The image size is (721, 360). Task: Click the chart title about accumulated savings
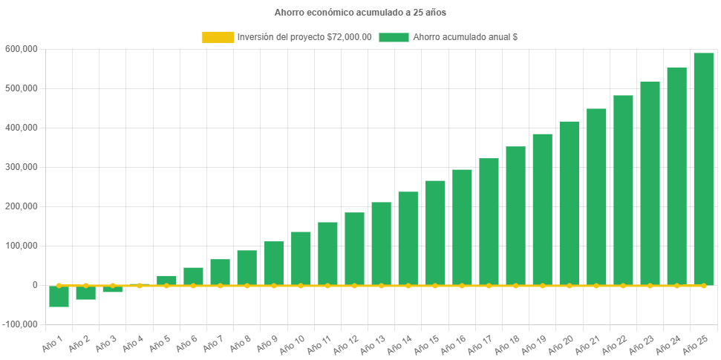coord(360,13)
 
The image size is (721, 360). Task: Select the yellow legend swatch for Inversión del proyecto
coord(218,37)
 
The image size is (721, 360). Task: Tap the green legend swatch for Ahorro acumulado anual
coord(394,37)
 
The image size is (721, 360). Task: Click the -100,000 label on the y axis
coord(22,324)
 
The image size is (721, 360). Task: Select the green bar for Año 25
coord(703,169)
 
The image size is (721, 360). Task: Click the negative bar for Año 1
coord(59,296)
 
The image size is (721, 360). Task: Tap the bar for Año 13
coord(381,243)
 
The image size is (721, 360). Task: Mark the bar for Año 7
coord(220,272)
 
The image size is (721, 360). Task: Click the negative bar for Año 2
coord(85,292)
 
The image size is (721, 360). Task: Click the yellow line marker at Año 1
coord(59,285)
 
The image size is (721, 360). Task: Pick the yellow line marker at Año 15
coord(435,285)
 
